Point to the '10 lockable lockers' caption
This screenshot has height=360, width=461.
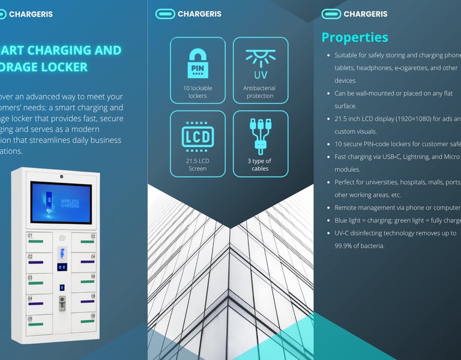[x=197, y=92]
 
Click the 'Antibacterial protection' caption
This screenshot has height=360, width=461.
[x=260, y=92]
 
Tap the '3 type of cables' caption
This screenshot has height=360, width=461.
[x=260, y=164]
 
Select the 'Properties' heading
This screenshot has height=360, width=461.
[x=355, y=37]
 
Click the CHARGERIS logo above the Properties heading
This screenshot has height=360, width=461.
[x=355, y=14]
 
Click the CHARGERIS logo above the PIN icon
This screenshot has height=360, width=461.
[x=188, y=14]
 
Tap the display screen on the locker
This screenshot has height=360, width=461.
[x=61, y=203]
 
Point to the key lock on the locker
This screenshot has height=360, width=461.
[x=61, y=304]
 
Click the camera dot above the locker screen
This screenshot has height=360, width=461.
[x=61, y=176]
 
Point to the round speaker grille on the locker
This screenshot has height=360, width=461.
[x=61, y=238]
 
